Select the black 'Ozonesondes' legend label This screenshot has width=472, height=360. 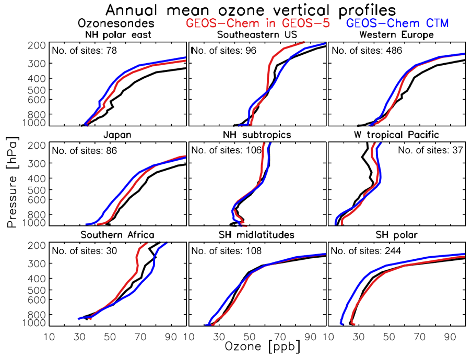tap(115, 23)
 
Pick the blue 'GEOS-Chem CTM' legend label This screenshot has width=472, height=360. tap(398, 23)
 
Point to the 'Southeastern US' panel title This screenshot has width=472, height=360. tap(257, 35)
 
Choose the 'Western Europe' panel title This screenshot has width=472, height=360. tap(397, 35)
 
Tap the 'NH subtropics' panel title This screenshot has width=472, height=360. tap(257, 135)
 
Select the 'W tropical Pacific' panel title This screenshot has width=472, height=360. tap(397, 135)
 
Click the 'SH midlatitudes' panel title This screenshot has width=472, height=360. tap(257, 235)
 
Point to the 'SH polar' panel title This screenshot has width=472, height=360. tap(397, 235)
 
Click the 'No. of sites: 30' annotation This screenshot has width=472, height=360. tap(85, 251)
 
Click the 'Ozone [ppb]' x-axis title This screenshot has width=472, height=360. tap(256, 346)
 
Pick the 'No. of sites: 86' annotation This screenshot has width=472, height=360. tap(85, 151)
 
